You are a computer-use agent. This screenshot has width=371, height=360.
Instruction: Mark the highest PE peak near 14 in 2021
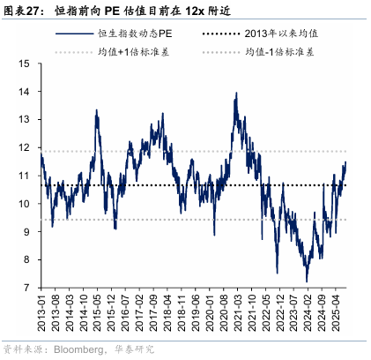point(236,93)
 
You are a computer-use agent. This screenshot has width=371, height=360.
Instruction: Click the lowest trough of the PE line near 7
point(307,281)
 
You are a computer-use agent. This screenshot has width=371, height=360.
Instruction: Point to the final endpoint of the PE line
point(345,162)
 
